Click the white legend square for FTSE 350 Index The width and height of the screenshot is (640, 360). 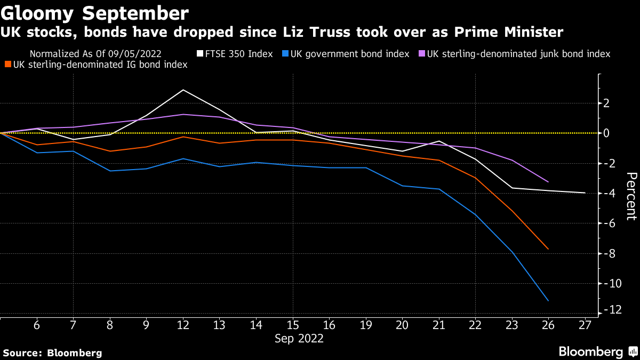pyautogui.click(x=200, y=54)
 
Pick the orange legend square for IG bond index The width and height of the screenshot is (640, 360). pyautogui.click(x=8, y=65)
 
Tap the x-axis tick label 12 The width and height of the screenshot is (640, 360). pyautogui.click(x=183, y=325)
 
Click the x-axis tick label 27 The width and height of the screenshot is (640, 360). pyautogui.click(x=585, y=325)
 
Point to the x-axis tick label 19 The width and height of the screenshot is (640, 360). pyautogui.click(x=366, y=325)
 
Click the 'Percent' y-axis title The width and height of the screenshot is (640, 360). pyautogui.click(x=631, y=196)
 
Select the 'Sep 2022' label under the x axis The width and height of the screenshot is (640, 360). pyautogui.click(x=299, y=338)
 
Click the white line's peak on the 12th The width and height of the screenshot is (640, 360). pyautogui.click(x=183, y=90)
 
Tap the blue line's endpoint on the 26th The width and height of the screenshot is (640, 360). pyautogui.click(x=548, y=301)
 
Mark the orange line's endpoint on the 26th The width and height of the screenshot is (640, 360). pyautogui.click(x=548, y=249)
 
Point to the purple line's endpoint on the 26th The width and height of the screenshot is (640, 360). pyautogui.click(x=548, y=182)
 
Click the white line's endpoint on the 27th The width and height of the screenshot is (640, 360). pyautogui.click(x=585, y=193)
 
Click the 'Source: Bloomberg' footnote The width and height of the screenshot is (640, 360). pyautogui.click(x=52, y=353)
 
